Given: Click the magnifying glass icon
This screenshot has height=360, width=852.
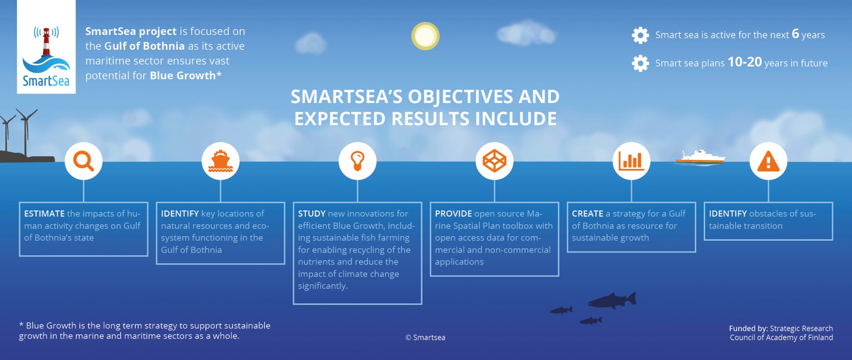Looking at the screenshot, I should point(83,161).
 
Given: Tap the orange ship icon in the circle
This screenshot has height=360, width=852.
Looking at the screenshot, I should point(221,161).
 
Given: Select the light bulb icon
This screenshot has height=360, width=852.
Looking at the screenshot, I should point(358,161).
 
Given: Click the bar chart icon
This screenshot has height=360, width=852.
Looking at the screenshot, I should point(631,161).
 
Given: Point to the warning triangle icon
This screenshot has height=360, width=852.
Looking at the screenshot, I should point(768,161).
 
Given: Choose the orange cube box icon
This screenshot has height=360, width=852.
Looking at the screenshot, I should point(494,161).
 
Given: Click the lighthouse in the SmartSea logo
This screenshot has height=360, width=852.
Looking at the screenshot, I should point(46,42).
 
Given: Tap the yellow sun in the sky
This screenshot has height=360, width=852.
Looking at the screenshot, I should point(425,36).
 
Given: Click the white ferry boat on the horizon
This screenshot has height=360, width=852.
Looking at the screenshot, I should point(700,157).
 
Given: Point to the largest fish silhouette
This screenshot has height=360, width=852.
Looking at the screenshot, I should point(612,301).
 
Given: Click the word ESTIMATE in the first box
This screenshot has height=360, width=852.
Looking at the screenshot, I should point(44,214).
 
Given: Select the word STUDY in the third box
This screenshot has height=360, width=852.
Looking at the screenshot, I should point(312,214).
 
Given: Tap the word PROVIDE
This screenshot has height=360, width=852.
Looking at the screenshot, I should point(453,214).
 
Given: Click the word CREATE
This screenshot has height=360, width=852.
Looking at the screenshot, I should point(587,214).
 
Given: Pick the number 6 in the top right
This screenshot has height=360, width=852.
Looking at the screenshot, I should point(795,34).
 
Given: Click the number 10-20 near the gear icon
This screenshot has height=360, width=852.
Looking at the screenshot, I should point(745,62).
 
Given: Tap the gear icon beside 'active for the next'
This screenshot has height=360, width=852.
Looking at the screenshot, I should point(640,35).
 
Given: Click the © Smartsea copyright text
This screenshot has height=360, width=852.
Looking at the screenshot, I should point(425,337).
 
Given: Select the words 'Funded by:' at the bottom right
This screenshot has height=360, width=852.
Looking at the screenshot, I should point(748,328).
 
